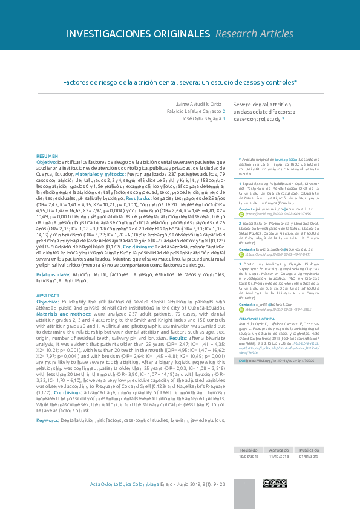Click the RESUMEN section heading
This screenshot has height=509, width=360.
tap(48, 156)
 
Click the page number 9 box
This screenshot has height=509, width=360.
tap(245, 484)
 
